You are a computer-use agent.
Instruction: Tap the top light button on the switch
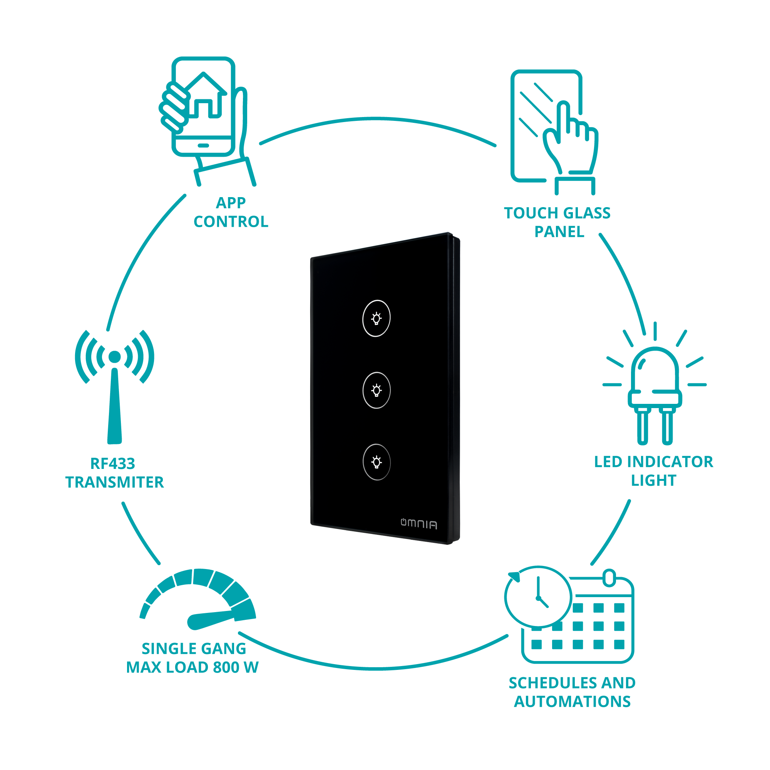(376, 318)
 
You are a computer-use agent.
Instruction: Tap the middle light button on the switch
(376, 390)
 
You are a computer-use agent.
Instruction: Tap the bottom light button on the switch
(376, 462)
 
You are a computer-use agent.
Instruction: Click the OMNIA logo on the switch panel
(419, 523)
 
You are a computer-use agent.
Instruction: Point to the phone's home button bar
(203, 146)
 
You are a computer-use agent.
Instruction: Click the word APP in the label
(231, 203)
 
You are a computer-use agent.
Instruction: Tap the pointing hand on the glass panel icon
(570, 139)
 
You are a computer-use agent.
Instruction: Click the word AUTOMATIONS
(572, 701)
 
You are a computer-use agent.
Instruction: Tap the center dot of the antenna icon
(115, 357)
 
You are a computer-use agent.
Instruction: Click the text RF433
(113, 464)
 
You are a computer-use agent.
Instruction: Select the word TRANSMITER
(115, 482)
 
